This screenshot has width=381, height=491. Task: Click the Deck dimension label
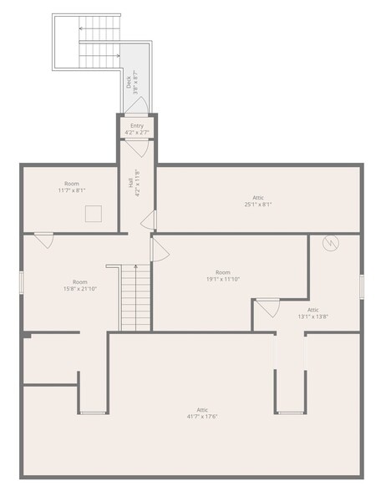coord(132,80)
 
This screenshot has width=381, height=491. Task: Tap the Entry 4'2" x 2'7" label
coord(137,129)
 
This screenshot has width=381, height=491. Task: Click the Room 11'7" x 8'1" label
coord(72,187)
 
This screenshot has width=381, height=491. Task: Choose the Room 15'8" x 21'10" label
coord(79,286)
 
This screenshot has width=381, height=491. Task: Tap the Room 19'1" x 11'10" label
coord(223,276)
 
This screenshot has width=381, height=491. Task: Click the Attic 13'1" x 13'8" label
coord(313,313)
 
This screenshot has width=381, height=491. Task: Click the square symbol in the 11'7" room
coord(93,214)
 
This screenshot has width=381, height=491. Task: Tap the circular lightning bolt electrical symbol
coord(331,243)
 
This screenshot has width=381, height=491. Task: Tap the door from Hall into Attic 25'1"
coord(149,220)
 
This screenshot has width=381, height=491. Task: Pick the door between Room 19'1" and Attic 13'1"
coord(268,307)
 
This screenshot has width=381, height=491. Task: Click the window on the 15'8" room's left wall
coord(22,281)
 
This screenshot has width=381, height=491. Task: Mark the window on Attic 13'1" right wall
coord(362,286)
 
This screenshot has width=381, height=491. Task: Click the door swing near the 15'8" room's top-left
coord(44,240)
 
